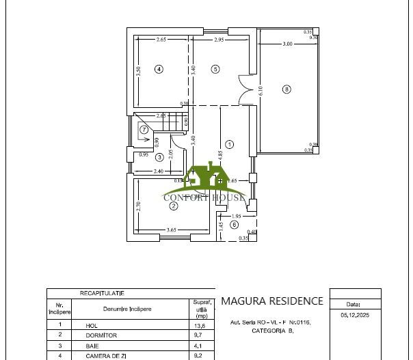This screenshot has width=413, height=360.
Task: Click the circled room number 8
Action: [x=287, y=89]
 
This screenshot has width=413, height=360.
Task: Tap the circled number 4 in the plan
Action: [x=159, y=68]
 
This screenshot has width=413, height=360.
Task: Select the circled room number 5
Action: [x=215, y=68]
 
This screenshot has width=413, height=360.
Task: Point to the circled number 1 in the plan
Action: [x=230, y=144]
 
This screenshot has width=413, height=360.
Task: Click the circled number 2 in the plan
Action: [x=174, y=206]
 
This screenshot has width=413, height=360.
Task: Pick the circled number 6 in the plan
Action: [x=234, y=224]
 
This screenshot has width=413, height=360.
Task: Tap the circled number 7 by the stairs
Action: [x=144, y=129]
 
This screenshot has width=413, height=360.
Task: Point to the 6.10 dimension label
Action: [x=260, y=89]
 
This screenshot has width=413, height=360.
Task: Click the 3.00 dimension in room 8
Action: [x=287, y=44]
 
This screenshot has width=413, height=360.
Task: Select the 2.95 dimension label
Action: [x=219, y=40]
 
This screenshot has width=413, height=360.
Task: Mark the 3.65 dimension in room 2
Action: [x=172, y=230]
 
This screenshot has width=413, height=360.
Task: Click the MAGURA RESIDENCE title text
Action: [x=272, y=301]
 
